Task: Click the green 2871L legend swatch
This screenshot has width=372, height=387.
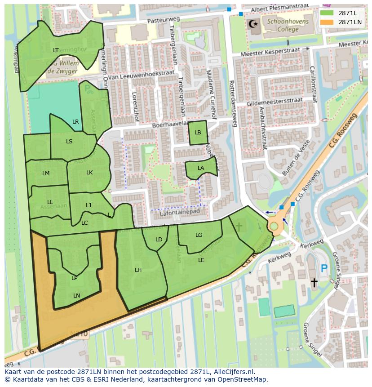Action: click(327, 13)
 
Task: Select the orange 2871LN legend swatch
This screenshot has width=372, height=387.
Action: click(327, 22)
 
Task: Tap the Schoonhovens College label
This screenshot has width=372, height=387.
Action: click(282, 25)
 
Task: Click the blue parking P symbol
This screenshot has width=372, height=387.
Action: click(324, 269)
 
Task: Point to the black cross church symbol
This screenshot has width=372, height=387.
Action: click(314, 282)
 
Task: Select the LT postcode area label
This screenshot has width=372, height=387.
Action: click(56, 50)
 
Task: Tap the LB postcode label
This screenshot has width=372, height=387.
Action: click(198, 133)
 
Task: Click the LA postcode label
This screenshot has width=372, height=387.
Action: click(201, 168)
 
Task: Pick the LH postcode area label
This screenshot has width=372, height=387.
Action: click(138, 270)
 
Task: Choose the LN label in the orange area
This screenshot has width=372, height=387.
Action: click(76, 295)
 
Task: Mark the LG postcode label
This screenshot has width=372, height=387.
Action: click(199, 235)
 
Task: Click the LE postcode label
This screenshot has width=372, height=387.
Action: click(201, 260)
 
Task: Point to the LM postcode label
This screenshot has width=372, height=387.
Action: click(46, 173)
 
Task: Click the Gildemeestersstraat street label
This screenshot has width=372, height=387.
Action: click(275, 102)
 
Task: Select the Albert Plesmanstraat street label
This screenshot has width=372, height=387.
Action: click(275, 9)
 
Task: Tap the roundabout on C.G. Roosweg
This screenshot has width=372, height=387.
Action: click(274, 226)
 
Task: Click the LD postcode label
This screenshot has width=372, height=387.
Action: click(159, 240)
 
